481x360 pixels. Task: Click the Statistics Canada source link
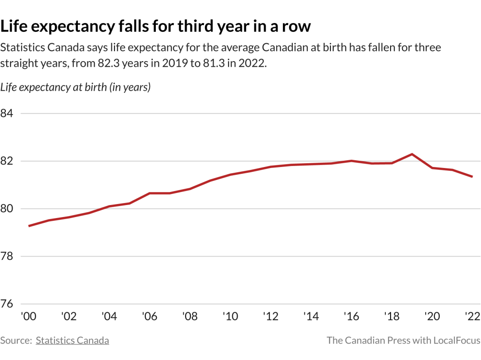tap(72, 340)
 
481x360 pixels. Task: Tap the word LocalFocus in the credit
tap(457, 340)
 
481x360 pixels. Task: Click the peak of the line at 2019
tap(412, 154)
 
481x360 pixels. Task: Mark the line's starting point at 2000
tap(29, 226)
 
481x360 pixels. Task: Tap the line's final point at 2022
tap(472, 177)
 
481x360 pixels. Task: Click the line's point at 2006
tap(150, 193)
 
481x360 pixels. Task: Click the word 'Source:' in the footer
tap(16, 340)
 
